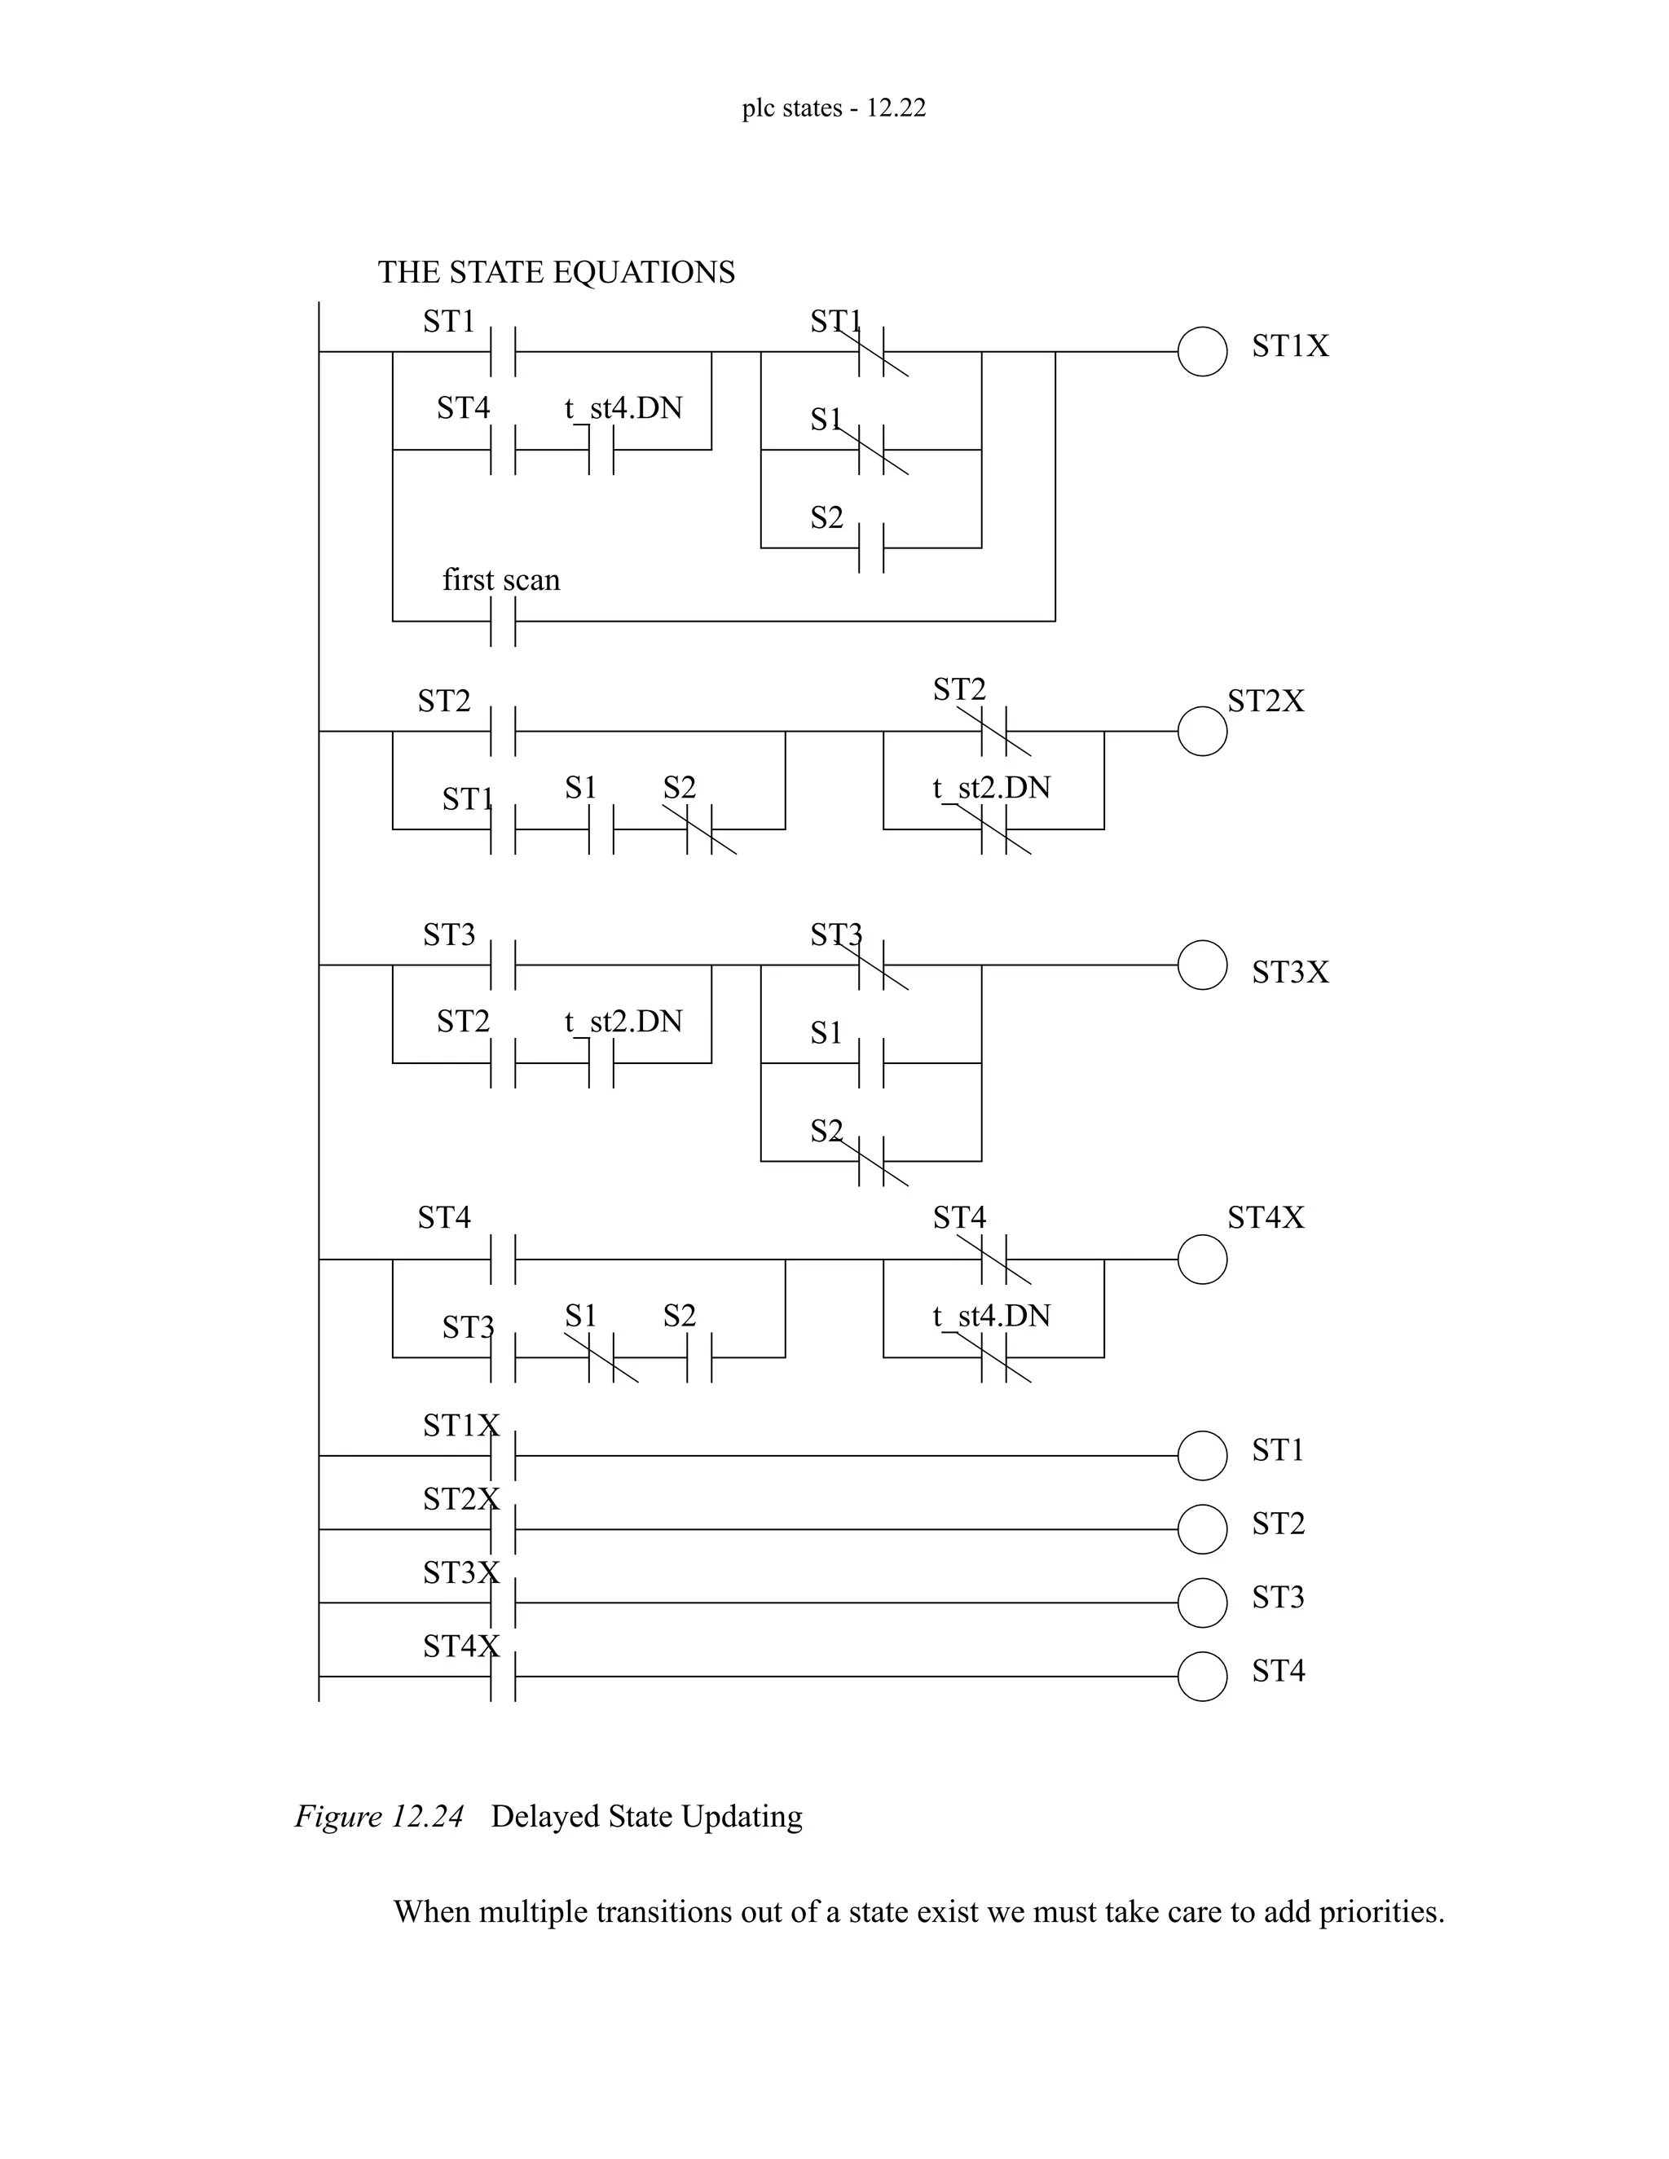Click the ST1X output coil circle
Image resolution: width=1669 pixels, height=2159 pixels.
click(x=1202, y=351)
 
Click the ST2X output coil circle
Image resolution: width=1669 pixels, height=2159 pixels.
click(x=1202, y=732)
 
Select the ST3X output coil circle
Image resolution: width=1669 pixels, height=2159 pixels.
click(x=1202, y=965)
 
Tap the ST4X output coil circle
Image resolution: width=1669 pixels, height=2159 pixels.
click(x=1202, y=1260)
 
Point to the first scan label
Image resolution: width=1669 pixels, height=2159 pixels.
click(x=500, y=579)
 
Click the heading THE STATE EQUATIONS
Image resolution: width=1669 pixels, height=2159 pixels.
click(x=556, y=272)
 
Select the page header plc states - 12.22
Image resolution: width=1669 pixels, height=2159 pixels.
click(x=834, y=108)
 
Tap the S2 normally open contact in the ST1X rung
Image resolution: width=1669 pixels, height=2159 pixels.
click(x=871, y=547)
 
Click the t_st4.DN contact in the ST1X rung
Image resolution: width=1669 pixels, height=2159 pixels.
click(x=601, y=450)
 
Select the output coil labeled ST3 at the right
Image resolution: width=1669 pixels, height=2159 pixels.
click(x=1202, y=1603)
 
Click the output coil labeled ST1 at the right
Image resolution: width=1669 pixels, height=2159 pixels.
click(x=1202, y=1455)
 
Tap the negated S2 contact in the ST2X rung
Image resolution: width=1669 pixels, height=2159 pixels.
click(x=700, y=829)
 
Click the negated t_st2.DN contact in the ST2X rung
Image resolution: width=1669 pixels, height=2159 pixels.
click(x=993, y=829)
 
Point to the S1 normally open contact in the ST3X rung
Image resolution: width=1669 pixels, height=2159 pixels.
click(x=871, y=1064)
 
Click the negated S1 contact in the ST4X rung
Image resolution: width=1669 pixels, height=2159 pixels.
click(x=601, y=1357)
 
